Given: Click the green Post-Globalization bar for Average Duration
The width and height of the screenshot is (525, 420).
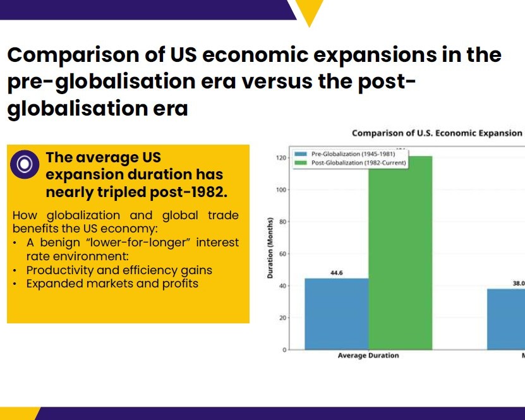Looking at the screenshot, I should pos(400,253).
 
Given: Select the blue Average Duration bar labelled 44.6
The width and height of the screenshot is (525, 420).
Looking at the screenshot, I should pos(336,313).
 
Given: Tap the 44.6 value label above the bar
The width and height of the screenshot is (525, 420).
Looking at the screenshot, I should pos(336,273).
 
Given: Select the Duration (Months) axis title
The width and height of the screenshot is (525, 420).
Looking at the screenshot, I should pos(270,248).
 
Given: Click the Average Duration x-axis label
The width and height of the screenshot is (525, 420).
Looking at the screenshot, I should pos(368,356).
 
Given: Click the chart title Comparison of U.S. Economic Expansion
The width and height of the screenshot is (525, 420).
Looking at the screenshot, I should pos(437,133).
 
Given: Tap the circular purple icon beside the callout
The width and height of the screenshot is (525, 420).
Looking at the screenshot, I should pos(25,164).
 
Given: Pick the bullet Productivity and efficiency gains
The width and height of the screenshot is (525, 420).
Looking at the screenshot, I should pos(119,270).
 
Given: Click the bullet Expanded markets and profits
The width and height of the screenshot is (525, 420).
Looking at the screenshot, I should pos(112,284).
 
